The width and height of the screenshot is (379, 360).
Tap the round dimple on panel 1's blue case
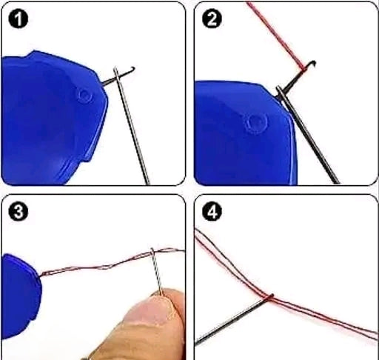pos(84,95)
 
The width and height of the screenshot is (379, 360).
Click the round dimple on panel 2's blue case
pos(257,122)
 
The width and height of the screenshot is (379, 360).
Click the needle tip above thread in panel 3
pos(152,250)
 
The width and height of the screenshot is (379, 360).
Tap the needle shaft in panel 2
pos(311,141)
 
